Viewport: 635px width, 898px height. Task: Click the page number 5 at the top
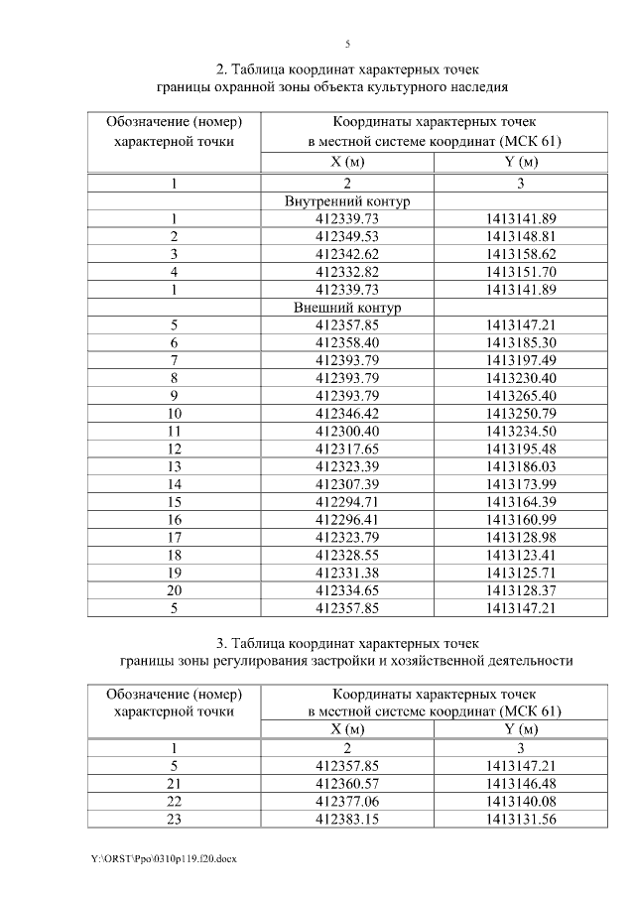pos(347,44)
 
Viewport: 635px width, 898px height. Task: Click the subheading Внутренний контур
pos(347,201)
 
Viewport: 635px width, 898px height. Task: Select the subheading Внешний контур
pos(347,309)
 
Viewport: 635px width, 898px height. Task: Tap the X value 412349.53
pos(347,237)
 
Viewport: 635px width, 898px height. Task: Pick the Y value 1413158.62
pos(522,255)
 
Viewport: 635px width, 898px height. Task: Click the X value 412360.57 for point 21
pos(347,784)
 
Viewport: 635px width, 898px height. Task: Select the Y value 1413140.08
pos(522,802)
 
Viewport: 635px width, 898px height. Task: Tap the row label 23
pos(174,820)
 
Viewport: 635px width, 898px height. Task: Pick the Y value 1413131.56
pos(522,820)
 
